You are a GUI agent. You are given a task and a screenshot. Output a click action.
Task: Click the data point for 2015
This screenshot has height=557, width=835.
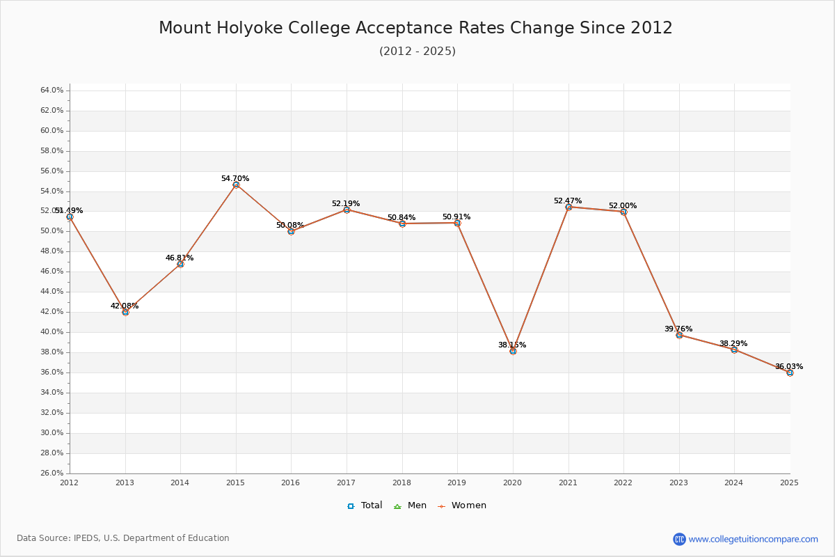(x=236, y=185)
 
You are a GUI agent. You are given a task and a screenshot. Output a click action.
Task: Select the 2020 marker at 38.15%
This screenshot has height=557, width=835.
(x=513, y=351)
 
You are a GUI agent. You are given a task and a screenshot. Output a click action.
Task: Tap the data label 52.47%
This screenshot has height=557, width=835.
(x=568, y=201)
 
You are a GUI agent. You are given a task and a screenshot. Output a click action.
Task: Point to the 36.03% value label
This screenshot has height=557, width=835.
(x=789, y=366)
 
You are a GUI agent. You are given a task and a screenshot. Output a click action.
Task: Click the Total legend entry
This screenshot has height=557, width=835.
(x=365, y=505)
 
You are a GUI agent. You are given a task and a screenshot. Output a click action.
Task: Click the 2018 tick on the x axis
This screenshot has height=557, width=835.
(x=402, y=482)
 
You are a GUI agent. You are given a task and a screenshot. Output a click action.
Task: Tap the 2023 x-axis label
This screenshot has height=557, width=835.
(x=679, y=482)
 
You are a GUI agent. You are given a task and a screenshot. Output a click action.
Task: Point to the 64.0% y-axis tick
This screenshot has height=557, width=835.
(x=52, y=91)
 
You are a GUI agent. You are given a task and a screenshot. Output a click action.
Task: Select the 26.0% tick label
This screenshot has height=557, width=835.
(x=52, y=473)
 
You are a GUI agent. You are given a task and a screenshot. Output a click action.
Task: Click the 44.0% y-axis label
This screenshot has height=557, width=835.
(x=52, y=292)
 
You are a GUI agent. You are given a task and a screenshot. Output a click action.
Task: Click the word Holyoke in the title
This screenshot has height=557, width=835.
(x=243, y=28)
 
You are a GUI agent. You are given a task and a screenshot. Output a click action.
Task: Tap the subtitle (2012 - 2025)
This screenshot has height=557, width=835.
(x=417, y=52)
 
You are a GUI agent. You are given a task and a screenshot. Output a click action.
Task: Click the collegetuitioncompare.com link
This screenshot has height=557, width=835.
(x=753, y=539)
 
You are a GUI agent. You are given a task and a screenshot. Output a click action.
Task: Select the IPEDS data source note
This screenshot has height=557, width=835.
(x=123, y=538)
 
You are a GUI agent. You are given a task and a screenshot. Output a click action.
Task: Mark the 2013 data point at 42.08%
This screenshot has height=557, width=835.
(x=125, y=312)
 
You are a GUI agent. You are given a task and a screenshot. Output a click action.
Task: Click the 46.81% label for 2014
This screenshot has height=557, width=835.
(x=180, y=258)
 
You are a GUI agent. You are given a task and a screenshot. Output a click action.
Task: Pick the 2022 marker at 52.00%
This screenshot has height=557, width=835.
(x=623, y=212)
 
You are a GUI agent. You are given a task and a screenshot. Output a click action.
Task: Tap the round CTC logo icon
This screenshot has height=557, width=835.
(x=679, y=539)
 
